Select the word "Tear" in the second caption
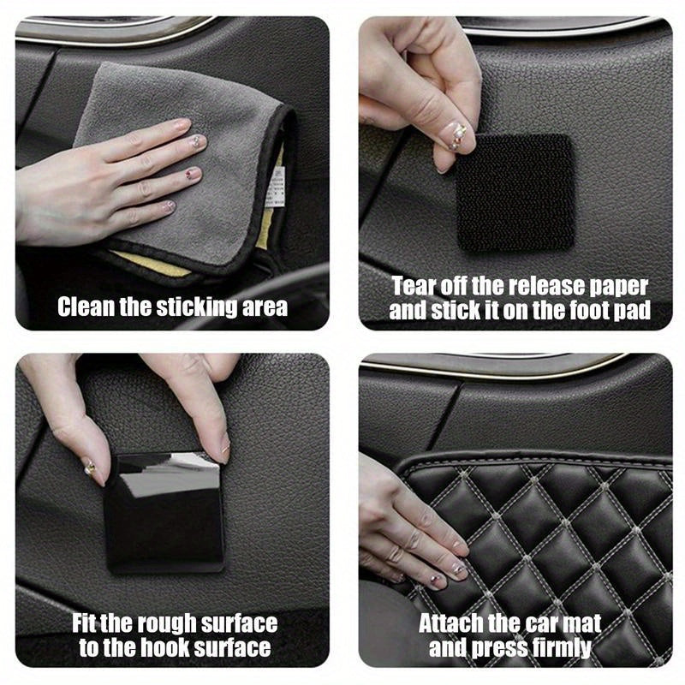click(x=414, y=286)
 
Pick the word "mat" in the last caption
click(x=581, y=623)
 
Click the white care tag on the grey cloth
click(x=275, y=187)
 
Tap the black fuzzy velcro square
click(x=514, y=194)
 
